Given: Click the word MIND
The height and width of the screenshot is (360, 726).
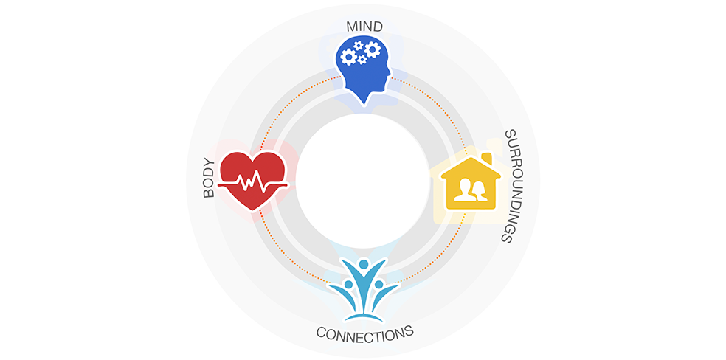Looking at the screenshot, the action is pos(364,27).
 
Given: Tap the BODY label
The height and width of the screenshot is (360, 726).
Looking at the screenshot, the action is pos(210,178).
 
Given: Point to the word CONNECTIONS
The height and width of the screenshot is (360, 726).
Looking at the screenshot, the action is pos(364,331).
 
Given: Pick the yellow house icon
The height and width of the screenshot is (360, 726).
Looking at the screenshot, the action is pos(471,182).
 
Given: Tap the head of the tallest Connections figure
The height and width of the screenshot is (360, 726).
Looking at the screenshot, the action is pos(364,264).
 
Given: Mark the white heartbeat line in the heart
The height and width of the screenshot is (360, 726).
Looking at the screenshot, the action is pos(253,181).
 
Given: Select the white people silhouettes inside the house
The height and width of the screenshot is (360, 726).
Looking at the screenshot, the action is pos(471,190).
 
